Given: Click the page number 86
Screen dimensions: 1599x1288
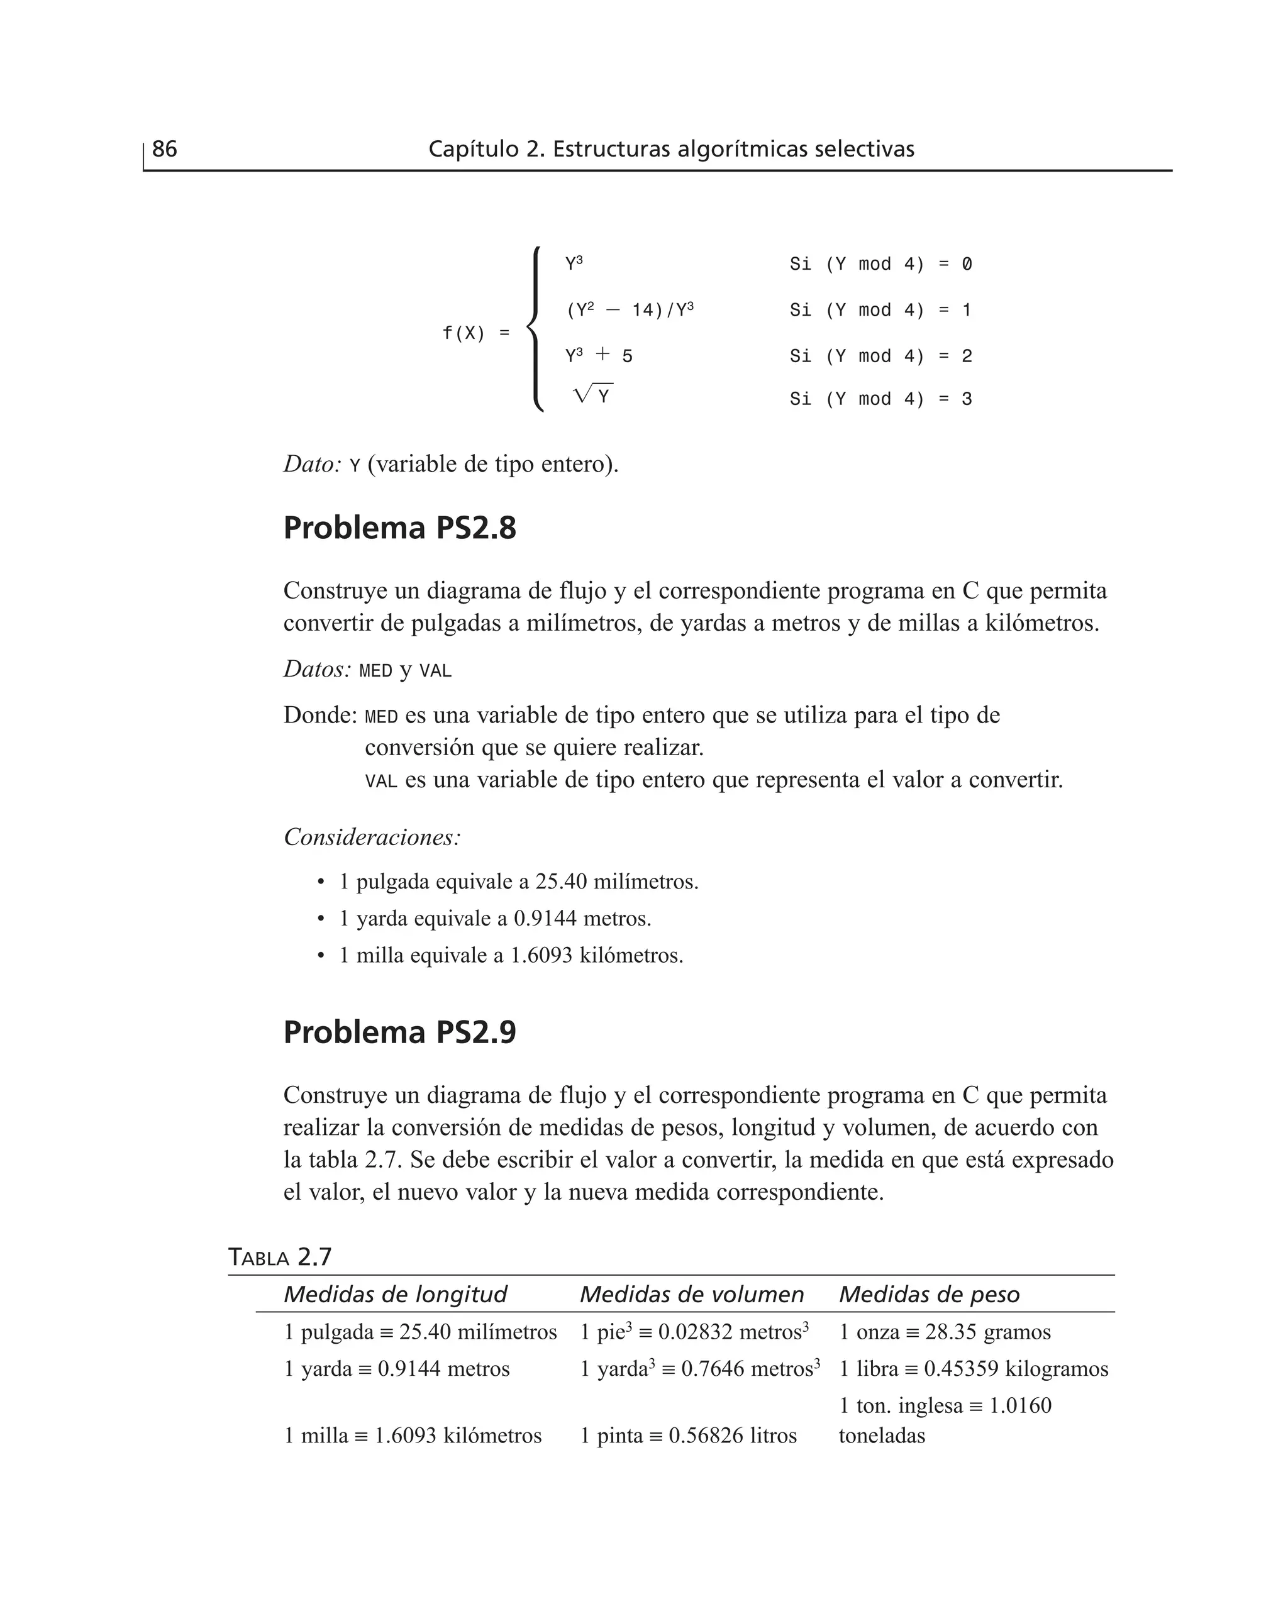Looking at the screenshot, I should pyautogui.click(x=164, y=149).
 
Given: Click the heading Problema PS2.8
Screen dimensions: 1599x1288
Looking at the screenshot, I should pyautogui.click(x=399, y=528).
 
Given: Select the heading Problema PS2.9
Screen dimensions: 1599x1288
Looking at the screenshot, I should pyautogui.click(x=399, y=1032).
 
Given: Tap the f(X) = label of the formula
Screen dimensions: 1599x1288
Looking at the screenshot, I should pyautogui.click(x=475, y=333).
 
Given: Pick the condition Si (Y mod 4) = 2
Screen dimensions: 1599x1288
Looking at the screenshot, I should pyautogui.click(x=880, y=356).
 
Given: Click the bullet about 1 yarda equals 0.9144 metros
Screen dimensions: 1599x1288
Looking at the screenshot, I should pyautogui.click(x=495, y=918).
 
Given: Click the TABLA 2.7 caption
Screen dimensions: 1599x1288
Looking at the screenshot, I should pyautogui.click(x=279, y=1257).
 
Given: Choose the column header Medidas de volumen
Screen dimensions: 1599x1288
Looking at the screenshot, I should pyautogui.click(x=692, y=1294).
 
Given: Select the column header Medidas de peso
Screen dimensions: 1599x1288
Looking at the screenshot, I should pyautogui.click(x=929, y=1294).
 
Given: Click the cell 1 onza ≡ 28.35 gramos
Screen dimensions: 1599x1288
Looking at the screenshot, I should pyautogui.click(x=945, y=1332).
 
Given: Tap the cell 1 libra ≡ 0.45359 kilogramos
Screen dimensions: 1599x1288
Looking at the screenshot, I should pyautogui.click(x=973, y=1368).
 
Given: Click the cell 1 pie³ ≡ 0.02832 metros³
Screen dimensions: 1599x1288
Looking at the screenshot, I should pyautogui.click(x=694, y=1332).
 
